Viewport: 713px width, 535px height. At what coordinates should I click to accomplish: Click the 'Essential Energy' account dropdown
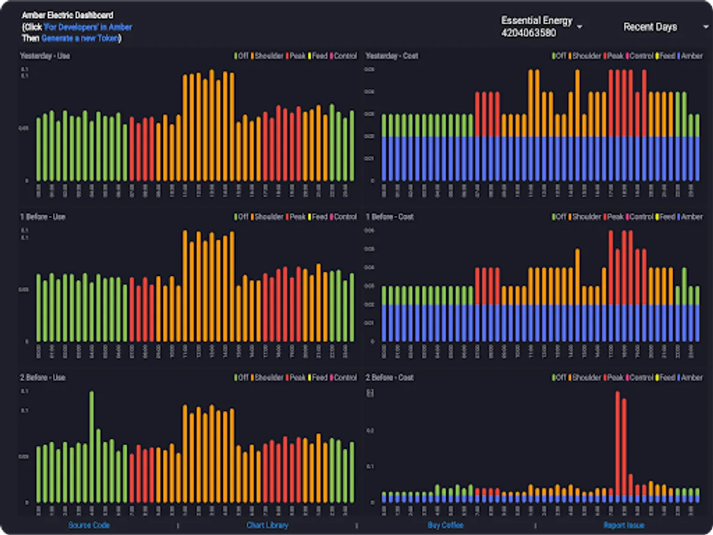coord(541,27)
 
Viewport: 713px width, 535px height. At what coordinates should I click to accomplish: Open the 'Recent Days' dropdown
coord(658,27)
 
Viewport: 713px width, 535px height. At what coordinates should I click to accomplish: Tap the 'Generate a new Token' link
coord(80,38)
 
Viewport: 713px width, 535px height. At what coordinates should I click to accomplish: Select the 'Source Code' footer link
coord(89,525)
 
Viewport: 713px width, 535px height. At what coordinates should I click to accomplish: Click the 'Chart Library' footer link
coord(267,525)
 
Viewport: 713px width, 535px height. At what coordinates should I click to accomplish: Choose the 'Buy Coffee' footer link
coord(445,525)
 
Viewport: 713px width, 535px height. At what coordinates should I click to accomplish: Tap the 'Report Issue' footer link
coord(624,525)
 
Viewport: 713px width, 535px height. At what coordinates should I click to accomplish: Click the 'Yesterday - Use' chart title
coord(45,56)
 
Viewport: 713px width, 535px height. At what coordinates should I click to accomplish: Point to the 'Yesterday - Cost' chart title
coord(392,56)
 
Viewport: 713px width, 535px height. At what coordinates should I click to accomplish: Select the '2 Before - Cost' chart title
coord(389,377)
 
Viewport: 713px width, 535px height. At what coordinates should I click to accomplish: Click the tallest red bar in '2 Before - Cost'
coord(617,446)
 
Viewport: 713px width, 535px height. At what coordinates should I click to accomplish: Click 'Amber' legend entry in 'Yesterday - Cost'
coord(691,56)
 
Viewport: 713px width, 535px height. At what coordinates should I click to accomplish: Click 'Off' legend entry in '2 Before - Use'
coord(242,377)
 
